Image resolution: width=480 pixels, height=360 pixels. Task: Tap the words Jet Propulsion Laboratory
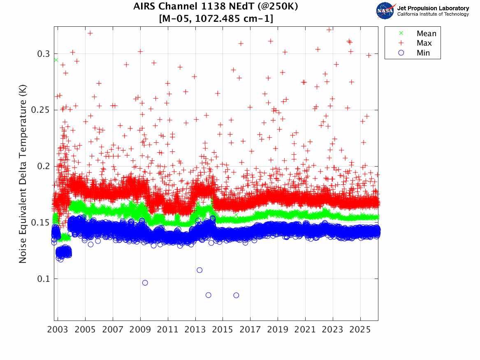(x=433, y=8)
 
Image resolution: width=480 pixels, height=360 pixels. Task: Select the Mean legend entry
(x=426, y=34)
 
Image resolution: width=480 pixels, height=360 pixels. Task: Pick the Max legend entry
(x=424, y=43)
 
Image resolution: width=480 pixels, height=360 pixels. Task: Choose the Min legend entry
(x=423, y=53)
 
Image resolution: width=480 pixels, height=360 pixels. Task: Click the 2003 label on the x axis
(x=58, y=330)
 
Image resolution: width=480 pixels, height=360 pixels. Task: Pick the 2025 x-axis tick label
(x=360, y=330)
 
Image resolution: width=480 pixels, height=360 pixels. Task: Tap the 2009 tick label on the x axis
(x=140, y=330)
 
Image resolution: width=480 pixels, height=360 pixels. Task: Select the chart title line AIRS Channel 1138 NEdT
(x=216, y=7)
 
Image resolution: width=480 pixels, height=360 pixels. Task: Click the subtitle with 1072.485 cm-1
(x=216, y=19)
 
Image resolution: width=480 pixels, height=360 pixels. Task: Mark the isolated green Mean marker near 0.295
(x=56, y=60)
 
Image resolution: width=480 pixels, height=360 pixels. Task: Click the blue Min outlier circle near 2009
(x=145, y=283)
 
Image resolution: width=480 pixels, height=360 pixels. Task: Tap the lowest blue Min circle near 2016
(x=236, y=295)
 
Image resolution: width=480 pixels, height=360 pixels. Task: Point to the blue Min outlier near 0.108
(x=199, y=270)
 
